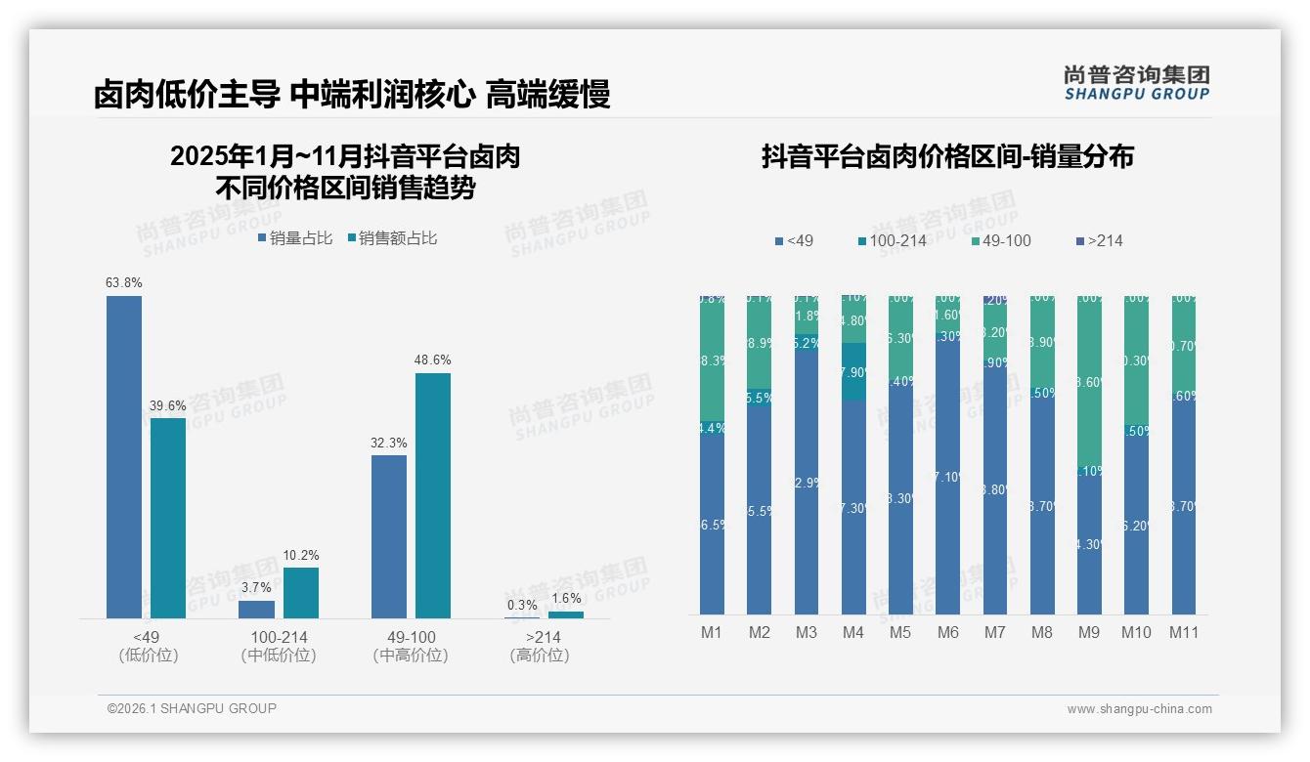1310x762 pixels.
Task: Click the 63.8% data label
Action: [x=124, y=283]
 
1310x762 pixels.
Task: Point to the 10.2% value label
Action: [x=301, y=555]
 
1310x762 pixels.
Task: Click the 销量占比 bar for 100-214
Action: [x=257, y=610]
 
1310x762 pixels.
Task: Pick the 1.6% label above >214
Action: [x=566, y=599]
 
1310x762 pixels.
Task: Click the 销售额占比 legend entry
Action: [x=392, y=238]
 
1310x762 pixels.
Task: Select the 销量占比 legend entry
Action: [x=295, y=238]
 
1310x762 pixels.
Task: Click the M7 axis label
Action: [x=994, y=632]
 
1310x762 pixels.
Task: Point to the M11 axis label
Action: [x=1184, y=632]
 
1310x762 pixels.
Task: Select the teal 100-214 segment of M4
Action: [x=853, y=371]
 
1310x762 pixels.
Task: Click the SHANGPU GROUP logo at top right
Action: [x=1136, y=83]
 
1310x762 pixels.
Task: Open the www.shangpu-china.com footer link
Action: [x=1139, y=709]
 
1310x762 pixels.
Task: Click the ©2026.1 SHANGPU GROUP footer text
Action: [x=192, y=708]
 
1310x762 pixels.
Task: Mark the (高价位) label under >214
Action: [x=540, y=656]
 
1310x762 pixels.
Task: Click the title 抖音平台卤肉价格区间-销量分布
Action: [x=947, y=157]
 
